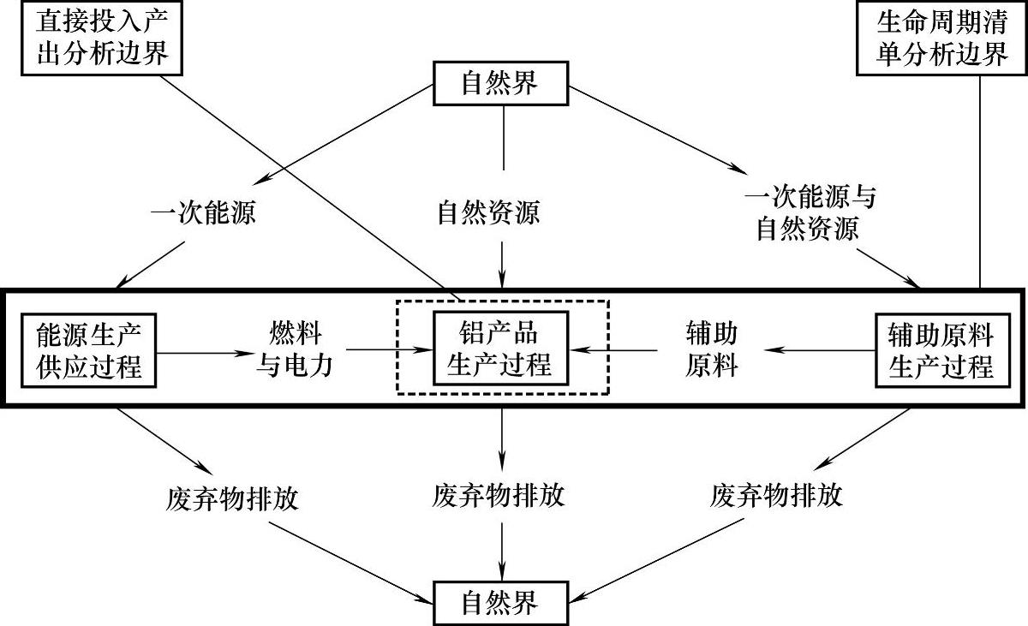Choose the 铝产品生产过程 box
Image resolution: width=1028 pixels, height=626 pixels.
pos(502,351)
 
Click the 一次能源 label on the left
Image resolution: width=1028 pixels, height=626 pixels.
pos(203,213)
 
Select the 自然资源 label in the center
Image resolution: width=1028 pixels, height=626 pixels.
pos(488,213)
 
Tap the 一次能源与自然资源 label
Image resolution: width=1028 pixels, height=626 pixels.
pos(810,214)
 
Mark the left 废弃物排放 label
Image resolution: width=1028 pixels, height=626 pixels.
pos(233,498)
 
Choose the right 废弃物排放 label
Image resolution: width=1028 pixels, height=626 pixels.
pos(776,495)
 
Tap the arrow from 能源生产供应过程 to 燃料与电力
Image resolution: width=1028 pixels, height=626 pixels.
pos(202,350)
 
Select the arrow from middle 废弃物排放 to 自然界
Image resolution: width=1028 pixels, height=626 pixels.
pos(503,547)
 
